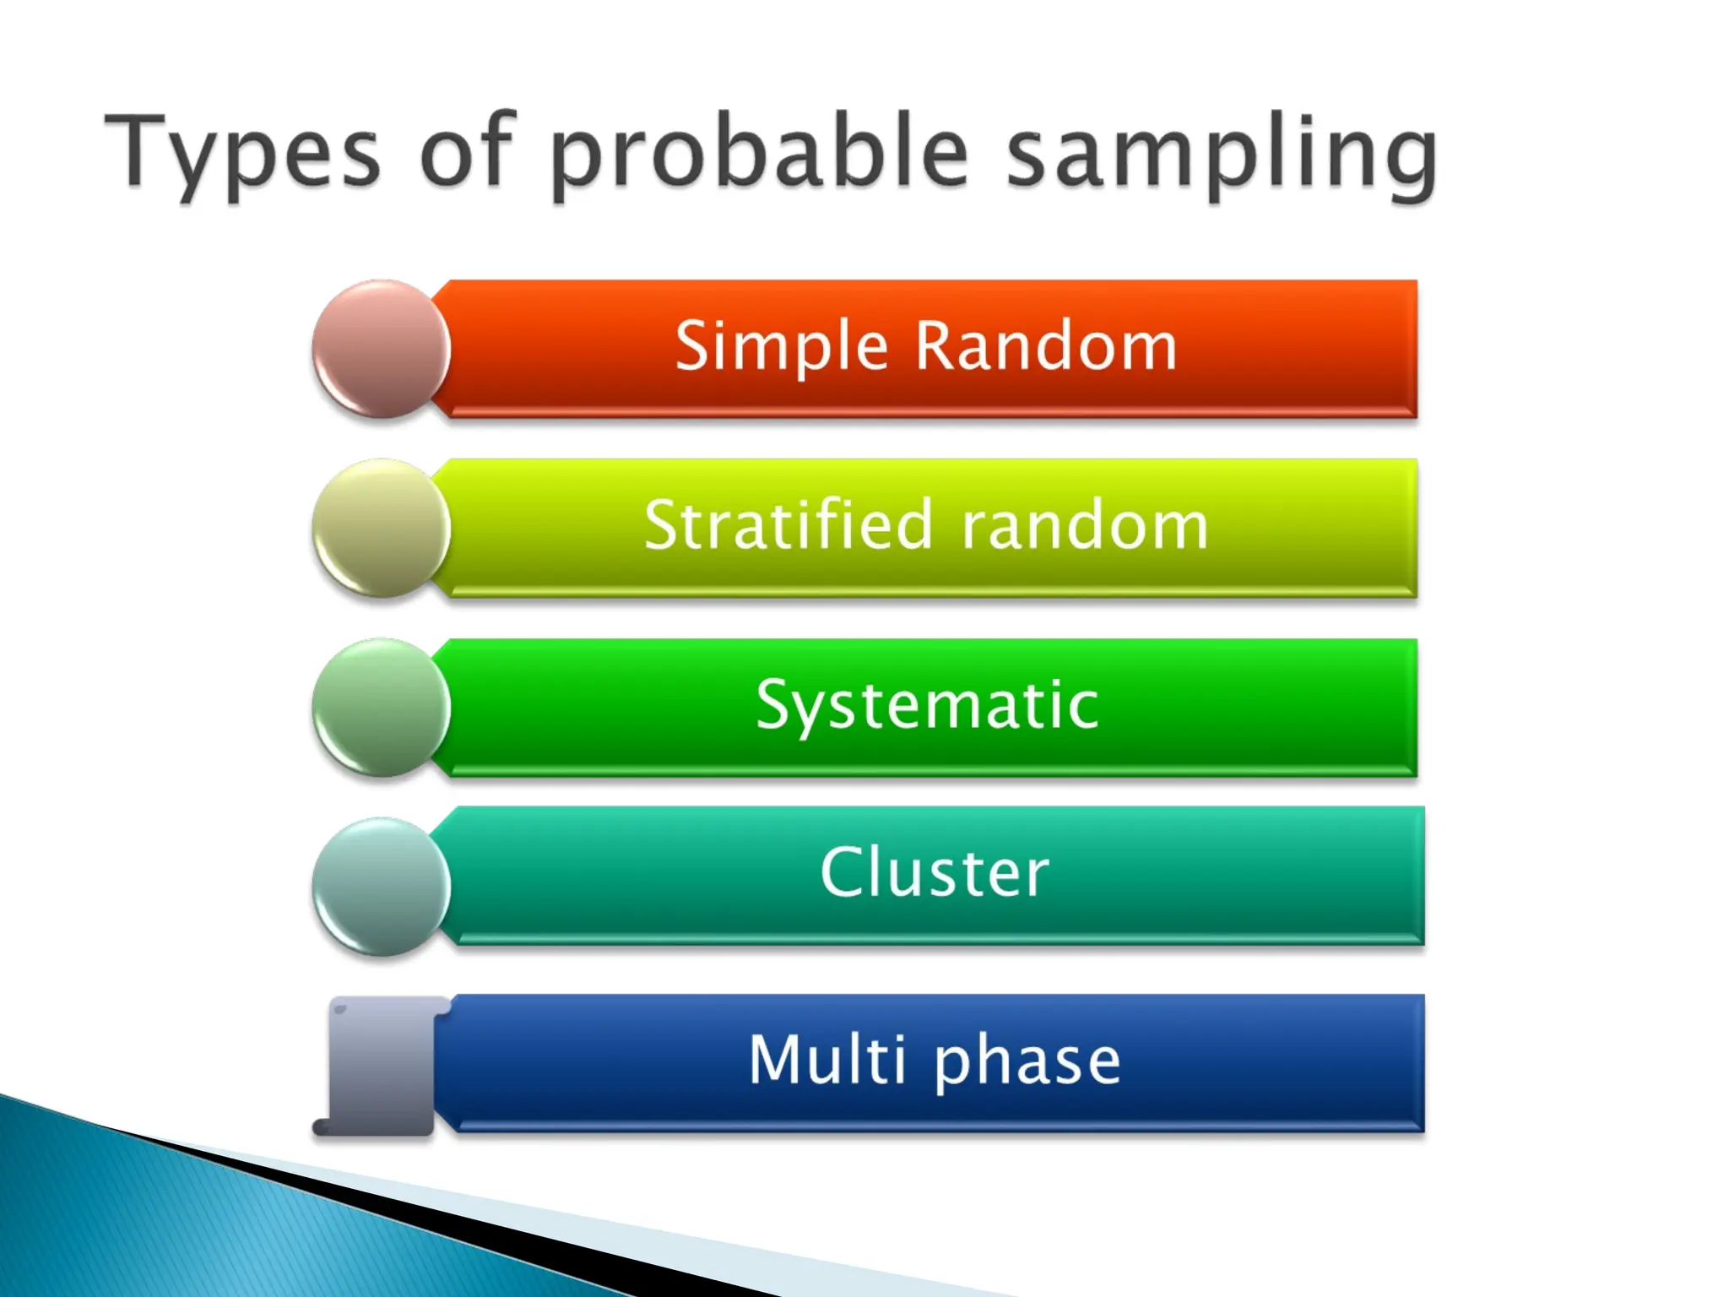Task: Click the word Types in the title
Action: [x=242, y=152]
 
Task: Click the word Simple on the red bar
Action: [x=781, y=347]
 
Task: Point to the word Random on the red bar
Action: [x=1046, y=347]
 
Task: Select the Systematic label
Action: [x=927, y=705]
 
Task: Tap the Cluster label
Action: [x=935, y=872]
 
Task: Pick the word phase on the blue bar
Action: [x=1027, y=1061]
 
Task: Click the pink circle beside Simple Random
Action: [x=381, y=349]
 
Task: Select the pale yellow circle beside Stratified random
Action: [x=381, y=528]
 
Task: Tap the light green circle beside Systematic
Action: [x=381, y=707]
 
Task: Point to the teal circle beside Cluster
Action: [x=381, y=886]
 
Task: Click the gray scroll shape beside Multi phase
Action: [x=382, y=1066]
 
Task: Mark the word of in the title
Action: [x=466, y=152]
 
